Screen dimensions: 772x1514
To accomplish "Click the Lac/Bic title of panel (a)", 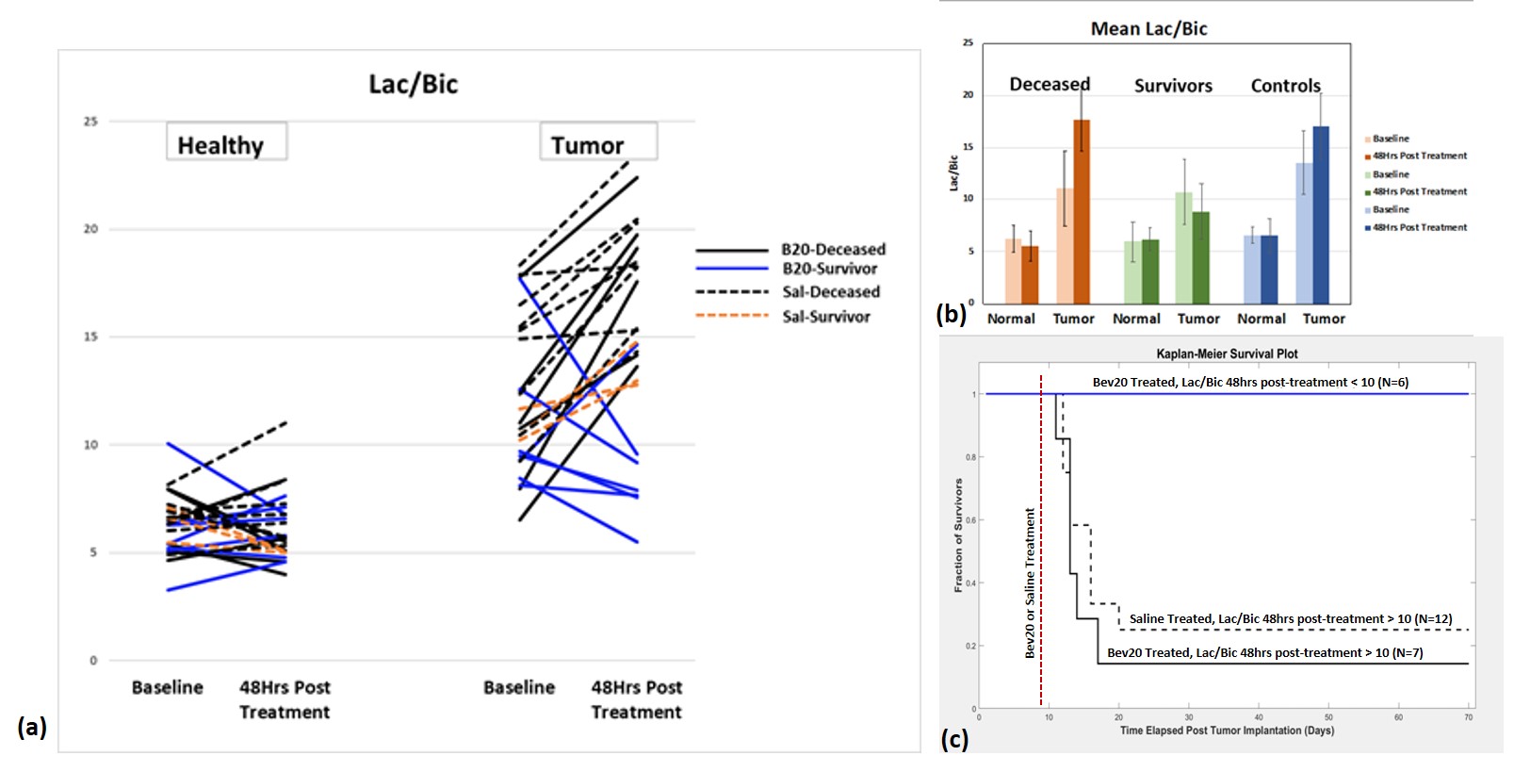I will pos(413,85).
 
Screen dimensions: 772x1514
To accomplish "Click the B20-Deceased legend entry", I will pos(833,250).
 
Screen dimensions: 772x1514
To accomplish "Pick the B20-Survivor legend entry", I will pos(829,269).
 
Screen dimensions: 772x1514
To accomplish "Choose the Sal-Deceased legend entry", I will pos(830,292).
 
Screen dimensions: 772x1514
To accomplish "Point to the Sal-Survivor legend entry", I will pos(825,317).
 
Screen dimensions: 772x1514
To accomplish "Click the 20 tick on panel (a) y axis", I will pos(90,229).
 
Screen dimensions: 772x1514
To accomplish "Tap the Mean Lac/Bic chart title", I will pos(1148,29).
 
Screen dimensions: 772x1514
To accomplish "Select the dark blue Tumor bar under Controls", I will pos(1321,215).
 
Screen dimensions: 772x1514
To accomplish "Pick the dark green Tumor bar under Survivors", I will pos(1200,257).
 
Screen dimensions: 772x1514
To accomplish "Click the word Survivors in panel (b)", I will pos(1173,86).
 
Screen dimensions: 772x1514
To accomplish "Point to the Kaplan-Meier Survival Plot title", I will pos(1227,354).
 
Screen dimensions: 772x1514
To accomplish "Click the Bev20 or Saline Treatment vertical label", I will pos(1030,583).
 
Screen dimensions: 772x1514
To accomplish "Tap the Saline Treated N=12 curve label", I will pos(1291,619).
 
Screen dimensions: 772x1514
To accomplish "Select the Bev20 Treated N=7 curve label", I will pos(1264,652).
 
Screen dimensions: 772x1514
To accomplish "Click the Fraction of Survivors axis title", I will pos(958,534).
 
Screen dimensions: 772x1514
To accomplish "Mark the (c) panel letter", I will pos(954,739).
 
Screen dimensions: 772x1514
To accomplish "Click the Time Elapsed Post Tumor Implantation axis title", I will pos(1227,731).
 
